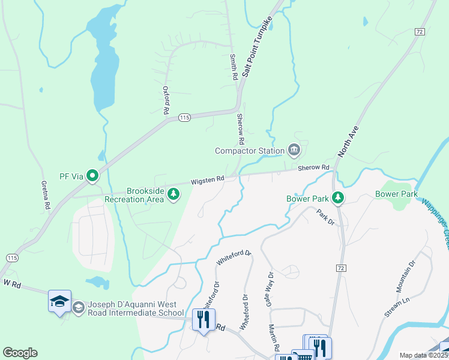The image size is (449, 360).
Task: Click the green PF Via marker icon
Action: coord(92,176)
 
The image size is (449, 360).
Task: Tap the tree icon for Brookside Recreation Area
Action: coord(173,193)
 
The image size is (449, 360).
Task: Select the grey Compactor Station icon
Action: coord(294,149)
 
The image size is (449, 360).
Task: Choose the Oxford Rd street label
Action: coord(166,100)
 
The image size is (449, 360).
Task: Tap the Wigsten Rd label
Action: coord(208,179)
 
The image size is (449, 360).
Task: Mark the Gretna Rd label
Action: coord(46,194)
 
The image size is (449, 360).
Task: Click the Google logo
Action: coord(20,353)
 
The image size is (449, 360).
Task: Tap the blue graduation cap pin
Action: coord(59,301)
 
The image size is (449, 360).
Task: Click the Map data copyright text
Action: coord(423,355)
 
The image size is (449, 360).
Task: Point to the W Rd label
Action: coord(12,283)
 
